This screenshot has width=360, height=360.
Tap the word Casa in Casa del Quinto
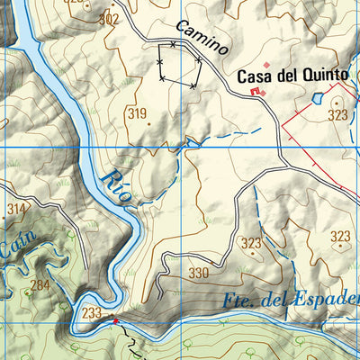click(x=256, y=77)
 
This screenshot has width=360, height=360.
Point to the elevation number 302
click(x=109, y=19)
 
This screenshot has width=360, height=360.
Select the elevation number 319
click(x=137, y=113)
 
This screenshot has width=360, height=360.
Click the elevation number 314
click(x=16, y=209)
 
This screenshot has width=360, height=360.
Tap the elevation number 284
click(x=40, y=286)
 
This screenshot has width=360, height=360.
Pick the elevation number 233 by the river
click(x=91, y=313)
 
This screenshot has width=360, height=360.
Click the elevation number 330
click(x=198, y=273)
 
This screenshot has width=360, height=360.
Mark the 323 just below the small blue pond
click(x=337, y=115)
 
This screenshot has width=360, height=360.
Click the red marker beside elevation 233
click(x=114, y=319)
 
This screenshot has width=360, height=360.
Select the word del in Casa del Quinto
click(x=290, y=77)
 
